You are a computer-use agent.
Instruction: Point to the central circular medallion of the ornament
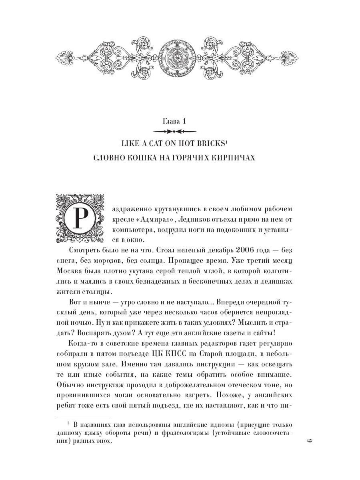pyautogui.click(x=180, y=56)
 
